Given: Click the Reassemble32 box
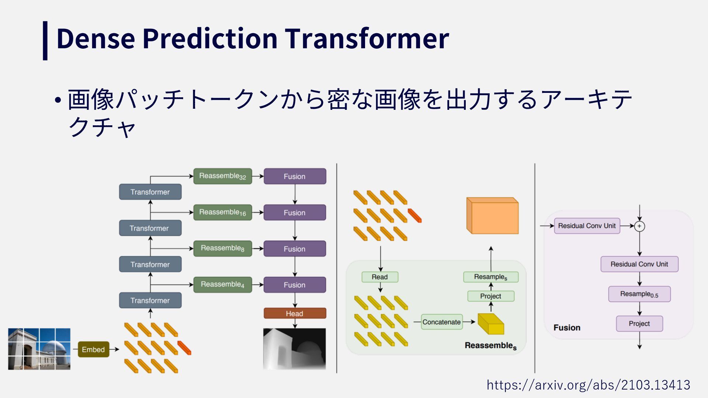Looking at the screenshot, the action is pos(223,176).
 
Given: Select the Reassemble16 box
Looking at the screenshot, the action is pos(223,212).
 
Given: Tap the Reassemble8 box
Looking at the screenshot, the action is pos(223,248).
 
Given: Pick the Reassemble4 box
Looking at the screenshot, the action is pos(223,284).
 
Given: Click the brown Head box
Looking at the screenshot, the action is pos(295,313).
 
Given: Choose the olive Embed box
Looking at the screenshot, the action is pos(93,349).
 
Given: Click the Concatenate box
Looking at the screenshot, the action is pos(442,322).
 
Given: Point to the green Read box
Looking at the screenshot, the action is pos(380,277).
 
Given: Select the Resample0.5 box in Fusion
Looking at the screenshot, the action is pos(639,294).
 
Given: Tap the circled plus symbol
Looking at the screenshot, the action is pos(639,226).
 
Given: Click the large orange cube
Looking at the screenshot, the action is pos(493,216).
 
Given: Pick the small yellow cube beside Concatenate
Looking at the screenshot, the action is pos(491,324).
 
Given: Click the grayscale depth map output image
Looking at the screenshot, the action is pos(295,349).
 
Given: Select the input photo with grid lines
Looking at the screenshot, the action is pos(39,349).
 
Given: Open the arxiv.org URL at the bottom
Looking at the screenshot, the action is pos(589,385).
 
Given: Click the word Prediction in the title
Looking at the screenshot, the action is pos(210,38).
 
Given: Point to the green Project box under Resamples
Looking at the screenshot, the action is pos(491,296).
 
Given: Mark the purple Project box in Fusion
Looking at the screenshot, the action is pos(639,324).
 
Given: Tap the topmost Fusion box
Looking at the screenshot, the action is pos(295,176).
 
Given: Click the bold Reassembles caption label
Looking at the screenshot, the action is pos(491,346).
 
